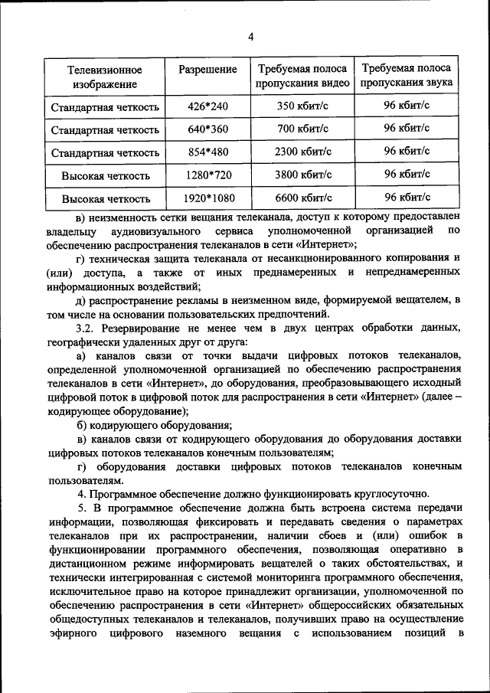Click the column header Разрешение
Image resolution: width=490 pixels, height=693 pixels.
tap(207, 70)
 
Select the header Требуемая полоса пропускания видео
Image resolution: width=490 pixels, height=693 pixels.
tap(302, 76)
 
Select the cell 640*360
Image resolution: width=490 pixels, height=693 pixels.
tap(207, 129)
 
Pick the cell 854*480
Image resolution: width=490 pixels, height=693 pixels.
tap(207, 152)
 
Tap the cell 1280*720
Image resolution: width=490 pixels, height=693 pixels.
tap(207, 175)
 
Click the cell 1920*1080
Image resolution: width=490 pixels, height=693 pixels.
tap(207, 198)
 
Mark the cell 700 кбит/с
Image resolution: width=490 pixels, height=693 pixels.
tap(302, 129)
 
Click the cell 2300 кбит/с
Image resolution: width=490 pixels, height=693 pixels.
tap(302, 152)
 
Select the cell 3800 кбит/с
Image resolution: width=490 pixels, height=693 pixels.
tap(302, 175)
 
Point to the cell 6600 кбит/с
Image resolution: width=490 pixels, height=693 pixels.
tap(302, 198)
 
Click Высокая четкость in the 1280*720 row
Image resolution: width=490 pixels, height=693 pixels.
tap(106, 176)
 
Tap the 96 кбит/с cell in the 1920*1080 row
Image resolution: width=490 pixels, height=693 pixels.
tap(406, 197)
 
